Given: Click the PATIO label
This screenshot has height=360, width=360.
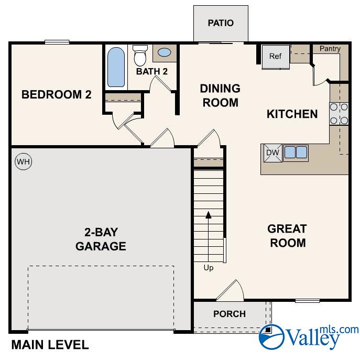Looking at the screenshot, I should point(220,23).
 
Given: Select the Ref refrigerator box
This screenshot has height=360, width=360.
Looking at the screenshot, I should point(276,57).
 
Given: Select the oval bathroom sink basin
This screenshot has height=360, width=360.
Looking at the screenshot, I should point(164,52).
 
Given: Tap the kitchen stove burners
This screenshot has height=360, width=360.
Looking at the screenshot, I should point(339,114).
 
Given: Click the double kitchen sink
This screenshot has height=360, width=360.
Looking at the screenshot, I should point(296,152).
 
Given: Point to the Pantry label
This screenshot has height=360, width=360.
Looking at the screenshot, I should point(330,49).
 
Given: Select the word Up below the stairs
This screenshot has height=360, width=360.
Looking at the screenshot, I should point(209,268).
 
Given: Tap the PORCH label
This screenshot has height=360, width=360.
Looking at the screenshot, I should point(230,314).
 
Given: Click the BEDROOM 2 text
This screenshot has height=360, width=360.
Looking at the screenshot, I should point(57,95).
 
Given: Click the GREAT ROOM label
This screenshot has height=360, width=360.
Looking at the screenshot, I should point(287,236).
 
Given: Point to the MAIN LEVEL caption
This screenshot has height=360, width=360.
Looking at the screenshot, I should point(50,345).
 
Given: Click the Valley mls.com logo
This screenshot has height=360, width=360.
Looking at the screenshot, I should point(309,335).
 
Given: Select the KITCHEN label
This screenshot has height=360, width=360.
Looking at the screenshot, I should point(292,114).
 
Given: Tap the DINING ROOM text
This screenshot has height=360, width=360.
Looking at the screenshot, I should point(220,95).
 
